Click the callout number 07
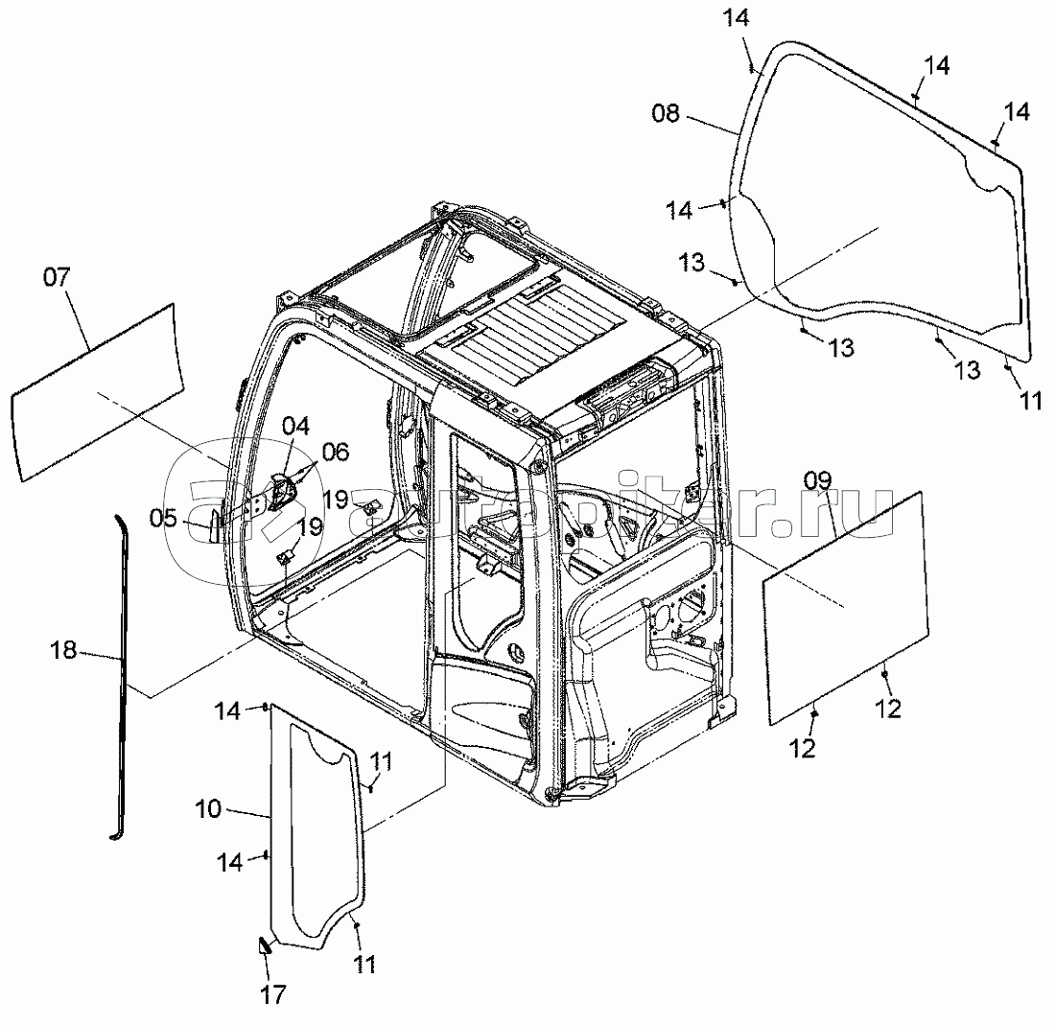(x=57, y=276)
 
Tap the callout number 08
(x=666, y=113)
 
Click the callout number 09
(x=817, y=480)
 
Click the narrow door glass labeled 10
(x=317, y=827)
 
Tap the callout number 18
(x=63, y=650)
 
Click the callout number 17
(x=273, y=994)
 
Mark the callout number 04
(x=295, y=426)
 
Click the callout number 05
(x=163, y=518)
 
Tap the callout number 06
(x=336, y=452)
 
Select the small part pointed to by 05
(x=213, y=526)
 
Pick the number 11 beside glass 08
(x=1031, y=402)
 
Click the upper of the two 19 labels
(x=336, y=500)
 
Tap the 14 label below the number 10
(x=230, y=862)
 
